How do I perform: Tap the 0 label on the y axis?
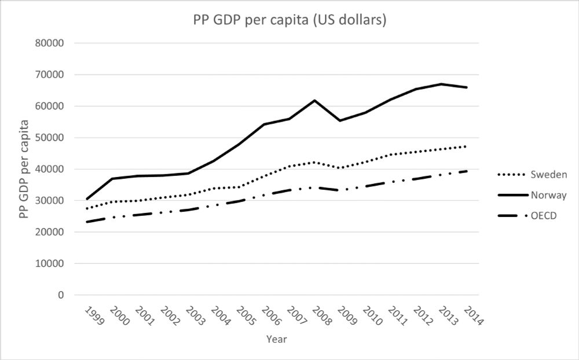[61, 295]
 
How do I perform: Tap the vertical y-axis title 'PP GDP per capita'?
[24, 168]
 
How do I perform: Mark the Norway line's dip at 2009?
[340, 120]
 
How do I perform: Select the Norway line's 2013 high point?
[441, 84]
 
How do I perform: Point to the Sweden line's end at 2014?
[467, 146]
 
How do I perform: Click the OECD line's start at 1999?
[87, 222]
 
